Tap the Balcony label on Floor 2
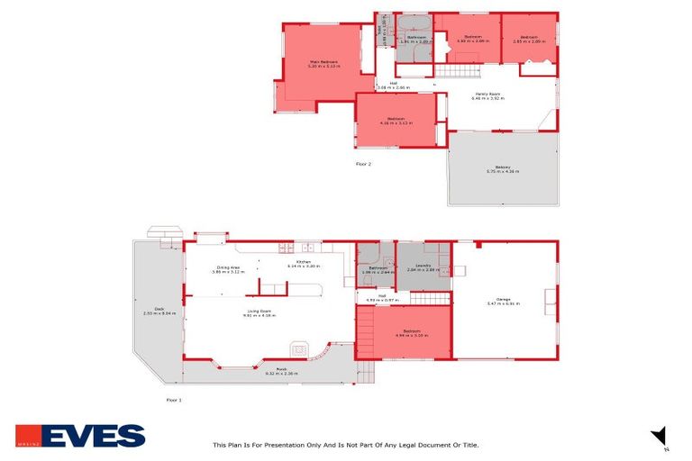(503, 167)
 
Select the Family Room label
(488, 94)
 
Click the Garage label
(503, 300)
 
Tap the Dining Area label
(227, 267)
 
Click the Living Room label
(259, 312)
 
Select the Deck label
(159, 309)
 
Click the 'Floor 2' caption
(363, 164)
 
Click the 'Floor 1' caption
(174, 399)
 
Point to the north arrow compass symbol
(659, 436)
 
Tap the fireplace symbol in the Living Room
(299, 349)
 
